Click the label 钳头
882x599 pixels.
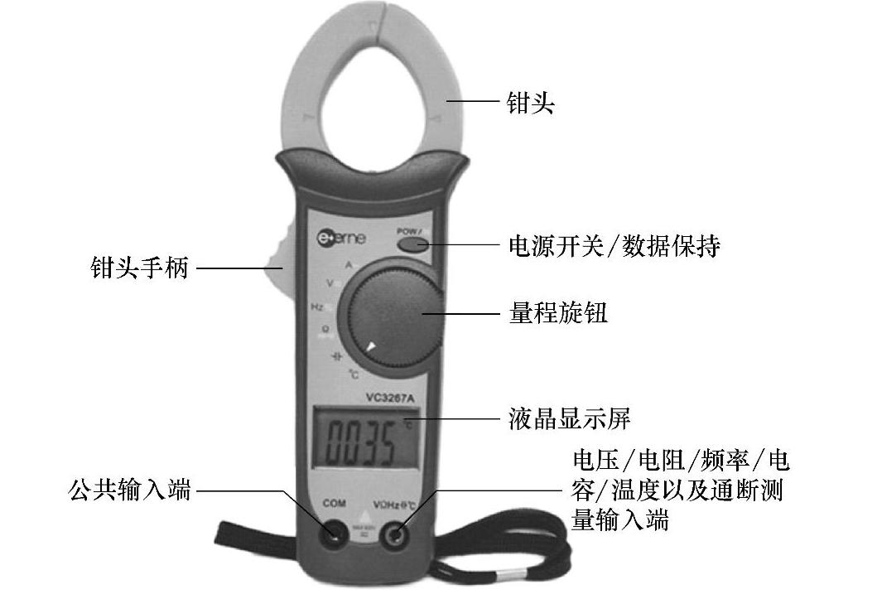(x=530, y=104)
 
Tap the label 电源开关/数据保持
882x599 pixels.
(x=613, y=246)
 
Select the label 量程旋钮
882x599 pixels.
(x=557, y=314)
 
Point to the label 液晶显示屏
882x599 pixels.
(x=569, y=417)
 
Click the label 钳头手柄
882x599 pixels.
(x=140, y=268)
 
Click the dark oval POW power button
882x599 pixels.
(x=412, y=244)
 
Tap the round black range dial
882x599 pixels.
(x=392, y=310)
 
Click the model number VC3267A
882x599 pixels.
(x=389, y=395)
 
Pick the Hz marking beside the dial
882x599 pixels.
(x=316, y=307)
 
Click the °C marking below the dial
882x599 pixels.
(x=353, y=374)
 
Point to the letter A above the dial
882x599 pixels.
(x=349, y=264)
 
